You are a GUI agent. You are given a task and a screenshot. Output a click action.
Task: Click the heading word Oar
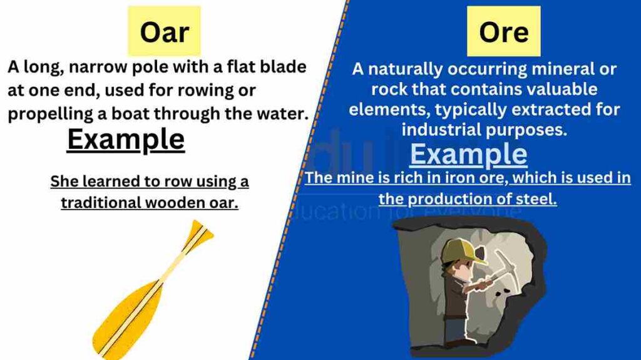(x=165, y=33)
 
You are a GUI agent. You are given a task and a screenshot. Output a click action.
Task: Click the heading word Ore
(x=504, y=33)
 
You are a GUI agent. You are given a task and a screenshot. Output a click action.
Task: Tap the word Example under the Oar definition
(x=126, y=140)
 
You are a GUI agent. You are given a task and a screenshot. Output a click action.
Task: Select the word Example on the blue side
(x=468, y=155)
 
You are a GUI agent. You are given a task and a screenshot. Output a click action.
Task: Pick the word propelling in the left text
(x=51, y=114)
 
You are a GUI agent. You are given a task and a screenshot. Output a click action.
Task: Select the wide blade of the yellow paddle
(x=126, y=319)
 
